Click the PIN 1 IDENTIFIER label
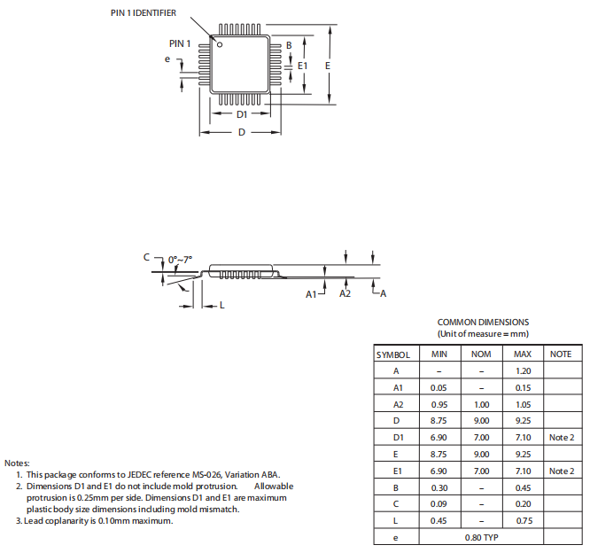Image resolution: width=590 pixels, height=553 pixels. (144, 13)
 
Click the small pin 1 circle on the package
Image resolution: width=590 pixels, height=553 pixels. (221, 44)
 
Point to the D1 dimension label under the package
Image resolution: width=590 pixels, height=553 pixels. (242, 115)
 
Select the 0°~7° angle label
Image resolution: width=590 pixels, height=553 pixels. (180, 260)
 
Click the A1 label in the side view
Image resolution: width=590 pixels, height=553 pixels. (312, 293)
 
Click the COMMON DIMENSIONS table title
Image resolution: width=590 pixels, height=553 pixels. (483, 323)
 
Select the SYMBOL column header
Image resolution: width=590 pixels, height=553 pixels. (393, 354)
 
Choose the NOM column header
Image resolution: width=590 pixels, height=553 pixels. (481, 354)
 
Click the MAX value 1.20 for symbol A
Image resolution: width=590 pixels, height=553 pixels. (523, 370)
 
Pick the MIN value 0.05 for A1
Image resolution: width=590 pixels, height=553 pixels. (439, 387)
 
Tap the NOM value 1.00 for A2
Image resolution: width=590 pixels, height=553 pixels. (481, 404)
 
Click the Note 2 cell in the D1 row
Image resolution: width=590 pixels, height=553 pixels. (561, 438)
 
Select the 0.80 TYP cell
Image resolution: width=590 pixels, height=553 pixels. (481, 537)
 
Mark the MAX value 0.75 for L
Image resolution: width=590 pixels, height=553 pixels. (523, 520)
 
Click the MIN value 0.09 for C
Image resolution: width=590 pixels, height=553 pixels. (439, 504)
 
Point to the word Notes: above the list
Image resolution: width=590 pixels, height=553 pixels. (18, 463)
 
